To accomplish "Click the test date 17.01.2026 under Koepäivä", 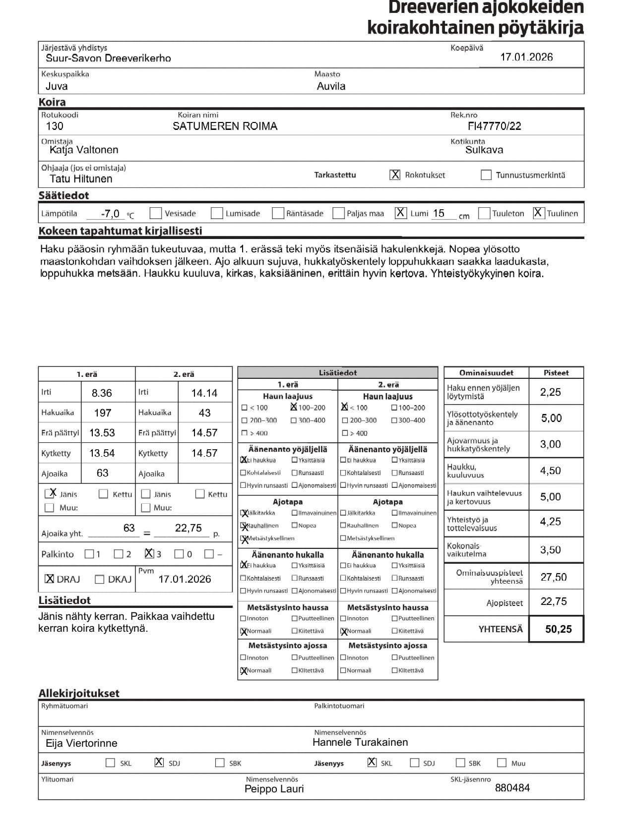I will pyautogui.click(x=526, y=57).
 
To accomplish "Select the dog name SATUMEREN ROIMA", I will pyautogui.click(x=225, y=126).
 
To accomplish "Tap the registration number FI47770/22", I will pyautogui.click(x=494, y=126).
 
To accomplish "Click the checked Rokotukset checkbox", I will pyautogui.click(x=395, y=175).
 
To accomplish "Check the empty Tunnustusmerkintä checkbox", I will pyautogui.click(x=486, y=175).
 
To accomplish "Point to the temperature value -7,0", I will pyautogui.click(x=110, y=214).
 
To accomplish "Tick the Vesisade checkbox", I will pyautogui.click(x=156, y=213).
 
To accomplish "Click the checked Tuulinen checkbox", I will pyautogui.click(x=538, y=213).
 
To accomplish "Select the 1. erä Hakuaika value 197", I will pyautogui.click(x=103, y=413).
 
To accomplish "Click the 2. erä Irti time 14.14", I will pyautogui.click(x=204, y=393).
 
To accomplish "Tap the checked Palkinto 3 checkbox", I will pyautogui.click(x=149, y=553).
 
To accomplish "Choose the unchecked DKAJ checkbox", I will pyautogui.click(x=99, y=579).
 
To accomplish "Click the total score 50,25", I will pyautogui.click(x=558, y=629).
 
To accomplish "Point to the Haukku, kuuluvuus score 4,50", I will pyautogui.click(x=550, y=471).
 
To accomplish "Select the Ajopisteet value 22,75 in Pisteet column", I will pyautogui.click(x=553, y=601).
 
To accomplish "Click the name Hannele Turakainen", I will pyautogui.click(x=360, y=742).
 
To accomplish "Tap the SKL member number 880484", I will pyautogui.click(x=512, y=787).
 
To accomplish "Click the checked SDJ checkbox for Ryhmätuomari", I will pyautogui.click(x=159, y=763).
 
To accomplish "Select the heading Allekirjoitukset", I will pyautogui.click(x=79, y=693).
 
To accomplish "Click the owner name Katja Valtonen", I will pyautogui.click(x=84, y=150).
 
